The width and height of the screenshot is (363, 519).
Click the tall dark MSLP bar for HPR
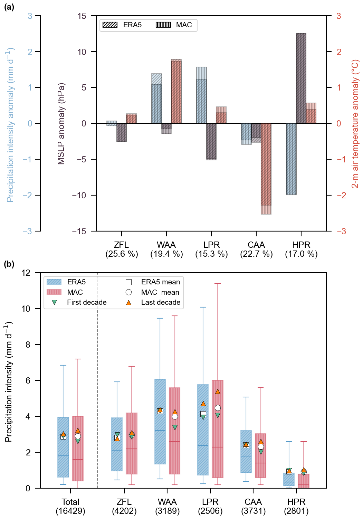click(301, 78)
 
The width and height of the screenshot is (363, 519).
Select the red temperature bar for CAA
click(266, 166)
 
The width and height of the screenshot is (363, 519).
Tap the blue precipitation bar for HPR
click(291, 159)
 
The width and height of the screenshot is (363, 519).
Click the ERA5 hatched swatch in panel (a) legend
click(110, 25)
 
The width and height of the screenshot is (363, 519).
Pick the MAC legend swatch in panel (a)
click(163, 25)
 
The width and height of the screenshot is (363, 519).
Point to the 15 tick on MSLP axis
click(82, 16)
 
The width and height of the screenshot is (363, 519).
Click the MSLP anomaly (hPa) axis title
click(61, 123)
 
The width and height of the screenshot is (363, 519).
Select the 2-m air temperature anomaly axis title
click(355, 123)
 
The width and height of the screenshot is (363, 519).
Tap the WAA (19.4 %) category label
click(166, 249)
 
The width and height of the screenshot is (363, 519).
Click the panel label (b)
click(9, 264)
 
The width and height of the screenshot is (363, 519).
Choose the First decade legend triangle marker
click(54, 302)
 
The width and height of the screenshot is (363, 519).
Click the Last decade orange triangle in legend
click(128, 302)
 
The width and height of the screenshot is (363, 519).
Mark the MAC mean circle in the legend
click(128, 292)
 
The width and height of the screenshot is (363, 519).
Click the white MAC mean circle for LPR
click(218, 408)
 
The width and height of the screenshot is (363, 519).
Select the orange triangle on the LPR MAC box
click(218, 391)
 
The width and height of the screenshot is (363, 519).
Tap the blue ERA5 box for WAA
click(160, 422)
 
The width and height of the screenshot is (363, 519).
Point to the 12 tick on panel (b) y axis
click(26, 273)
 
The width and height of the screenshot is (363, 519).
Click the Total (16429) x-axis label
click(70, 506)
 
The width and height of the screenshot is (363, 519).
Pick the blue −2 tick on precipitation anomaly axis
click(27, 195)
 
